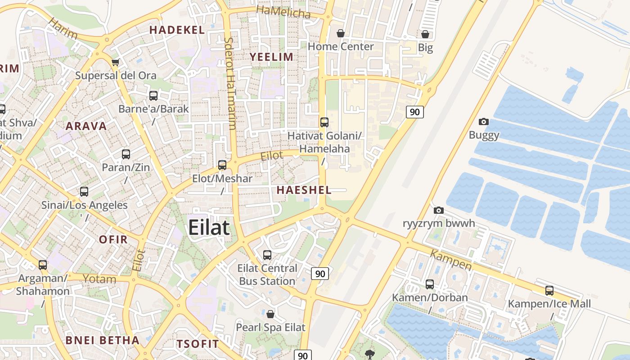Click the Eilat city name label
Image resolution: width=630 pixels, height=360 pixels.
point(209,227)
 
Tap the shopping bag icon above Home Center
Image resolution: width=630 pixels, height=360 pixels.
point(341,33)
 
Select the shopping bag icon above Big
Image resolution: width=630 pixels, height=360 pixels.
point(425,34)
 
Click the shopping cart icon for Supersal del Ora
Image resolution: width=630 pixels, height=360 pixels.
point(116,62)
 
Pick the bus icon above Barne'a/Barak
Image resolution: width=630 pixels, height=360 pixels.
point(153,95)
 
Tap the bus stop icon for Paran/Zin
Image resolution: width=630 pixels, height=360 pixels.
point(126,154)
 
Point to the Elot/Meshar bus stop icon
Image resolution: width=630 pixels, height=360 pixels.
point(222,165)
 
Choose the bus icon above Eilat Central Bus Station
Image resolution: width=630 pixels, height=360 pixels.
point(267,255)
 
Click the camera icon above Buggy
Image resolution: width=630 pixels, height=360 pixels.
point(484,121)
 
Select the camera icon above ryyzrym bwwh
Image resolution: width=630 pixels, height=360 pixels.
point(439,210)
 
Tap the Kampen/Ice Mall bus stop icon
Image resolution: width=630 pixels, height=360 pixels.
point(549,291)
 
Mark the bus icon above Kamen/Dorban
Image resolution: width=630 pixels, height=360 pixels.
point(430,284)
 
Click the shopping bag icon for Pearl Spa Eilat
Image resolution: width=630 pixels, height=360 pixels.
point(270,314)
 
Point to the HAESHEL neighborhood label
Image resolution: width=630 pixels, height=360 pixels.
point(304,190)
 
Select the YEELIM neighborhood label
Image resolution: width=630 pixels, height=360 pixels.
point(271,57)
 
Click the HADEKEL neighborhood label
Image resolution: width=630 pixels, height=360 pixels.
point(177,30)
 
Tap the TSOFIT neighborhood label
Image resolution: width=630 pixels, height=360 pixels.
point(198,344)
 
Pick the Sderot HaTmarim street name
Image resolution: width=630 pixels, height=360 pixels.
point(230,83)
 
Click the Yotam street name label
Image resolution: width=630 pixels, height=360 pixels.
point(99,279)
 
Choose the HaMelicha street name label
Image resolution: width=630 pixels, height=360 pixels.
point(283,12)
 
